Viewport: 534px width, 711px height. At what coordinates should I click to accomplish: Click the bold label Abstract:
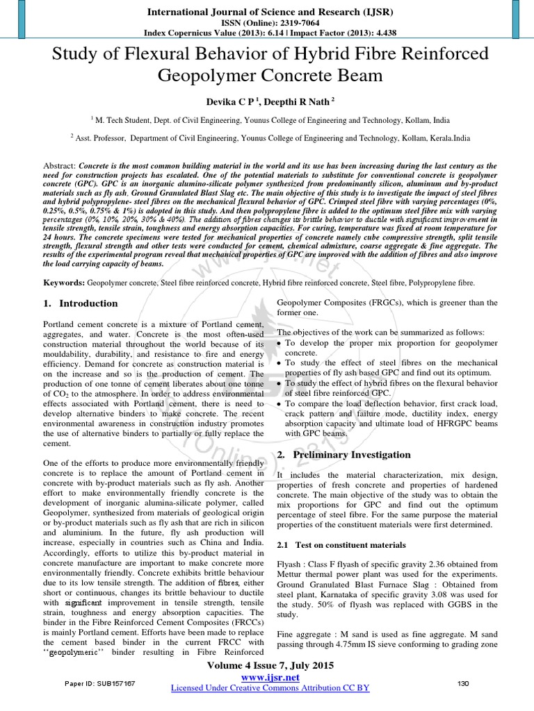60,167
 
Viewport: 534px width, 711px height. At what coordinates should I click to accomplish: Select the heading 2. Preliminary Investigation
343,455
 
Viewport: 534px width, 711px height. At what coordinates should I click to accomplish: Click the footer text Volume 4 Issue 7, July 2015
267,666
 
